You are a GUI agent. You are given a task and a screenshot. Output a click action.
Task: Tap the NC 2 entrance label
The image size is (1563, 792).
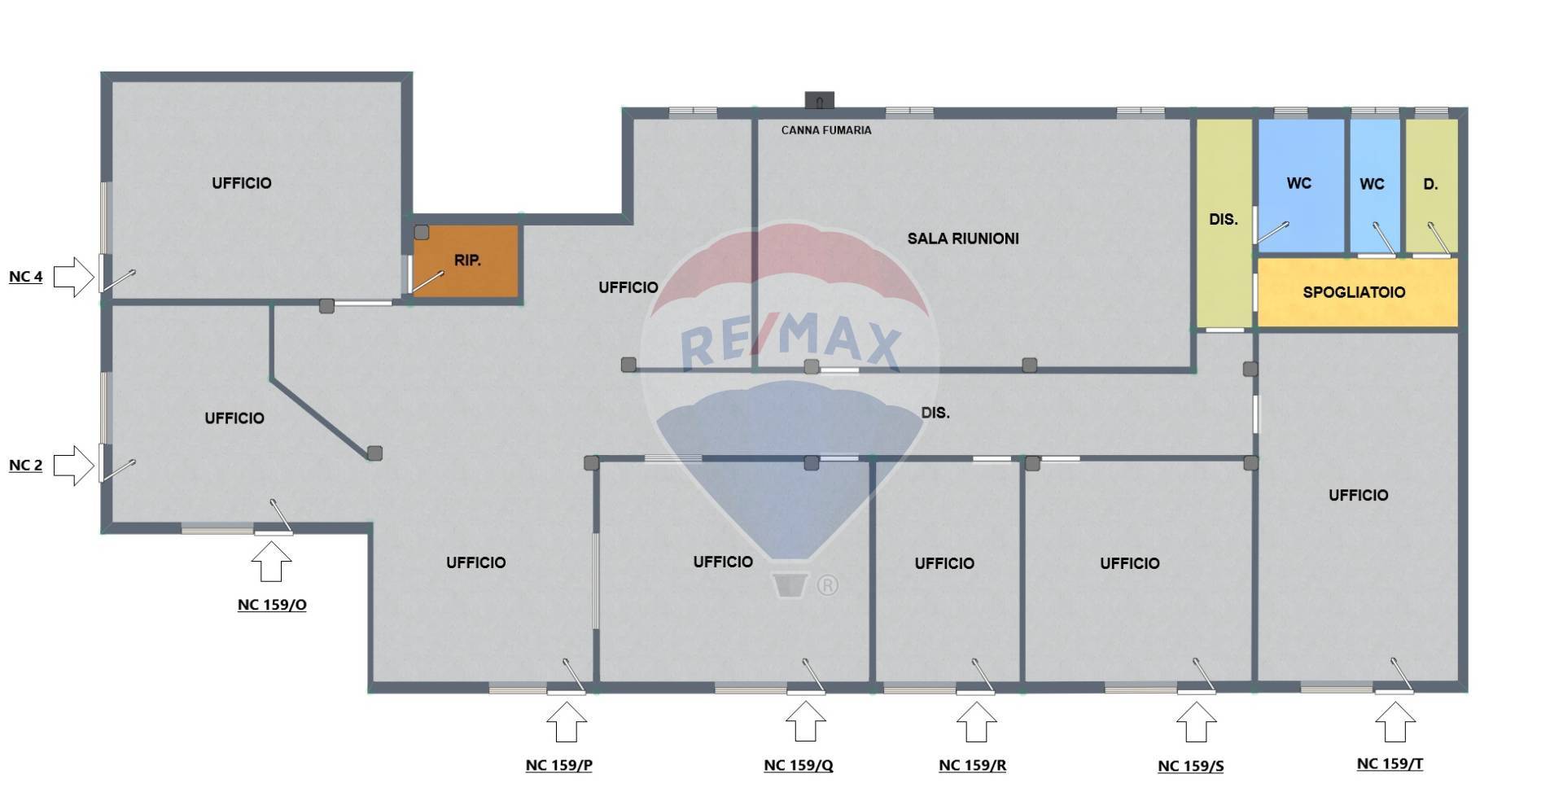(x=25, y=466)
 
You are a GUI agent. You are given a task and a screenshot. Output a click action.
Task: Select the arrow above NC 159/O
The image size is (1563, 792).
(x=271, y=562)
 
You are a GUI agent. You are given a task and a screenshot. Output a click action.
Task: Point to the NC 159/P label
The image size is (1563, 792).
(x=558, y=765)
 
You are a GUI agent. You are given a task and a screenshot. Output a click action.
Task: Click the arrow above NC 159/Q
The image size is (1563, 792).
(x=805, y=722)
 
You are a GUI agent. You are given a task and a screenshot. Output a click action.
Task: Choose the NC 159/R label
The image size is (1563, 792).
(x=972, y=765)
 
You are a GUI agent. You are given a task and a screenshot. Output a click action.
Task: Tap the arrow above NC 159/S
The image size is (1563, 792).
(x=1196, y=722)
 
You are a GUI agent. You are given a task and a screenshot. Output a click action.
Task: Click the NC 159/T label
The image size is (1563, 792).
(x=1390, y=764)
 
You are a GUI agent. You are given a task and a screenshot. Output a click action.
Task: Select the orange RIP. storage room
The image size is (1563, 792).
(x=466, y=260)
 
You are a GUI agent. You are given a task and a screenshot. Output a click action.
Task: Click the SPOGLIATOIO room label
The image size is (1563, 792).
(x=1354, y=292)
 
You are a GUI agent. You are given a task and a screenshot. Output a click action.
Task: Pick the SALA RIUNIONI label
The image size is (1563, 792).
(x=963, y=238)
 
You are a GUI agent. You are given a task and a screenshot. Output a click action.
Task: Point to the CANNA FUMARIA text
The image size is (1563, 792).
(x=826, y=130)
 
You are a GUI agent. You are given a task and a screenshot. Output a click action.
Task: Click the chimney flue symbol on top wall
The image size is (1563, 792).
(x=820, y=100)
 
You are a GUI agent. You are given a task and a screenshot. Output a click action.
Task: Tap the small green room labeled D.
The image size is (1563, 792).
(x=1431, y=186)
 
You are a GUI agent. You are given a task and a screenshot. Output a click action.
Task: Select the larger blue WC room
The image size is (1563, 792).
(x=1301, y=186)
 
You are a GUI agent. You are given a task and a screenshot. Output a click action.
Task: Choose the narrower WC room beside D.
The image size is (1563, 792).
(x=1375, y=186)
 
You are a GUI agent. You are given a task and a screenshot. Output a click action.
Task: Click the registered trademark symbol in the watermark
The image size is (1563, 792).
(x=827, y=585)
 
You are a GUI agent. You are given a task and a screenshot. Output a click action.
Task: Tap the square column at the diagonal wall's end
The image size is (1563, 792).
(x=374, y=453)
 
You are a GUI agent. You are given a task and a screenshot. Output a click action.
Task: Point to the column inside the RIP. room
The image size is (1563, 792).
(x=422, y=233)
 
